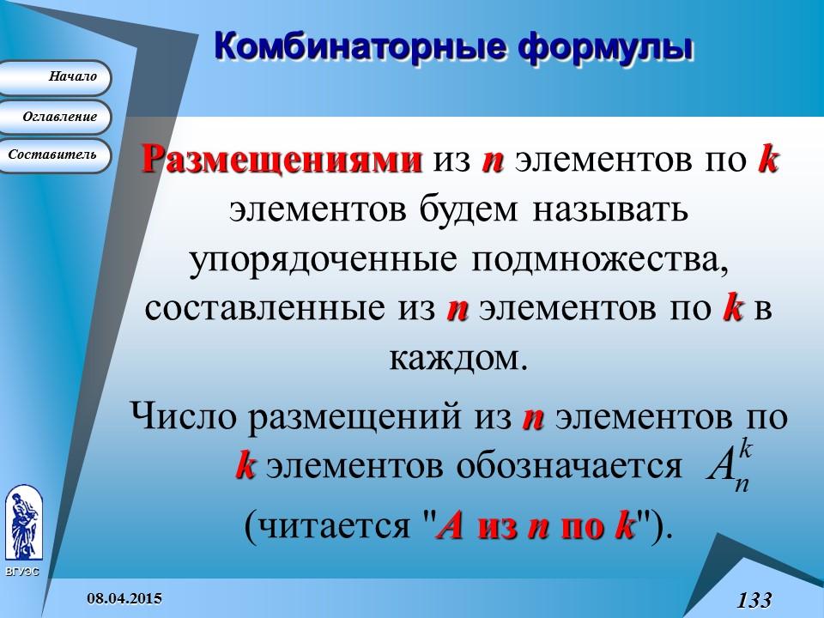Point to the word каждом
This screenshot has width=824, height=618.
click(x=455, y=358)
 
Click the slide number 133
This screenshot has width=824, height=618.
click(x=754, y=599)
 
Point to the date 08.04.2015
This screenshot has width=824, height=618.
click(x=126, y=597)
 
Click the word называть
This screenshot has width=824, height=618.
click(x=609, y=210)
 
